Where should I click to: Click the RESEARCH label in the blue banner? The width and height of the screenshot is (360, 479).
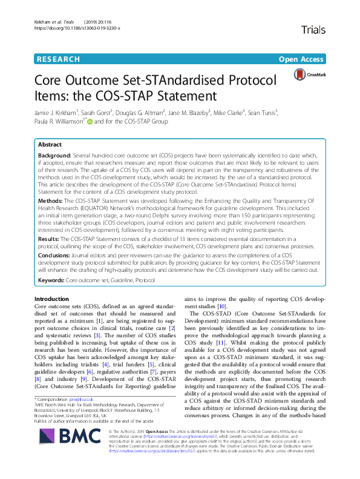pos(58,59)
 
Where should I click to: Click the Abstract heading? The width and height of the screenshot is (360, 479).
pos(50,146)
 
